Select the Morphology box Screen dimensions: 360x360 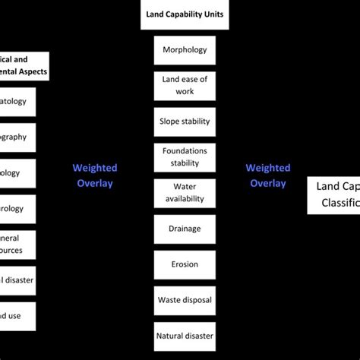point(185,50)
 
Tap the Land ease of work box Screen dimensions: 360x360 point(185,86)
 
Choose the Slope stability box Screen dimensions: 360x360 point(185,122)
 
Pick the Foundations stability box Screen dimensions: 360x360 point(185,157)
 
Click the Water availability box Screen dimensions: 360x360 point(185,193)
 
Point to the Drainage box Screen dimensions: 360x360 point(185,229)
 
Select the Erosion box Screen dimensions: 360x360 point(185,264)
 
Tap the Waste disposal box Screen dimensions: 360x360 point(185,300)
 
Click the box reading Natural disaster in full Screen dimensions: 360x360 point(185,335)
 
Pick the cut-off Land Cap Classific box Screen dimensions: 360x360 point(334,194)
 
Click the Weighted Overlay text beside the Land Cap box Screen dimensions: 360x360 point(267,175)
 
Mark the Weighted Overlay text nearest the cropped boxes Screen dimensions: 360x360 point(94,175)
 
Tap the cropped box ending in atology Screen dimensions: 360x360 point(17,101)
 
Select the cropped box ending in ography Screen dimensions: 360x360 point(17,137)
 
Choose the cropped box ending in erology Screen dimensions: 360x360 point(17,209)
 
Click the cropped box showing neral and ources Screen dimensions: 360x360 point(17,243)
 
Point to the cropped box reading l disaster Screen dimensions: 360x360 point(17,280)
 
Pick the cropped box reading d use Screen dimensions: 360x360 point(17,316)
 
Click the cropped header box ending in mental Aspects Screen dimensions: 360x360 point(24,65)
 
